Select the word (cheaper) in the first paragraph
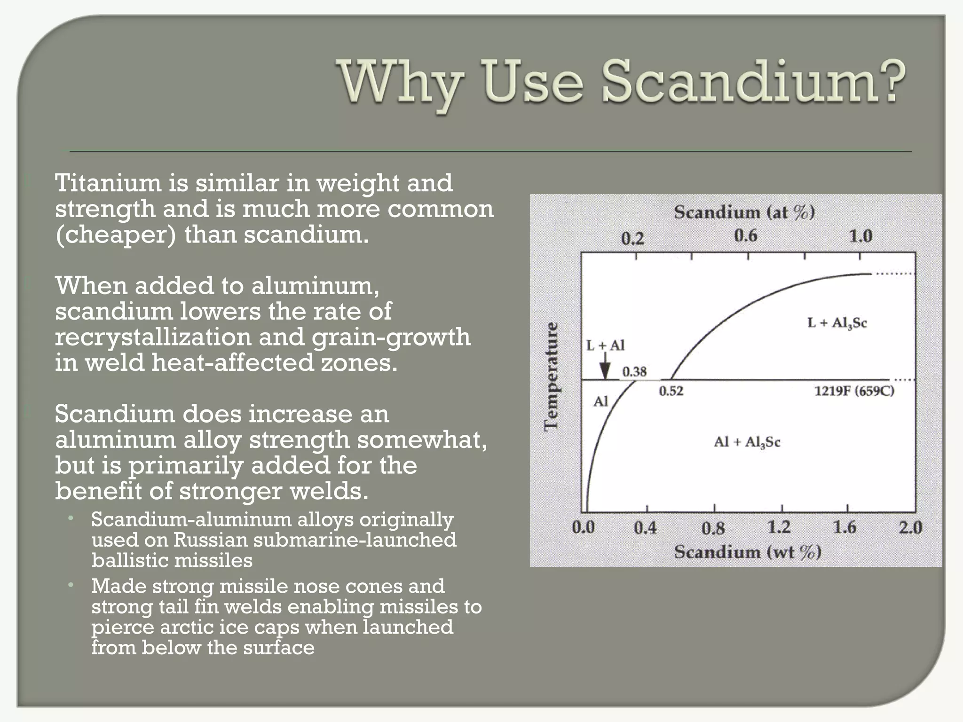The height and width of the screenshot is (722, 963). [x=116, y=235]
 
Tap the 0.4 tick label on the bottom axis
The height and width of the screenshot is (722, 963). [x=645, y=528]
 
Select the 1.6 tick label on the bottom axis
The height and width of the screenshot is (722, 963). [x=845, y=527]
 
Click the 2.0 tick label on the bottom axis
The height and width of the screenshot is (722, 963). [x=910, y=527]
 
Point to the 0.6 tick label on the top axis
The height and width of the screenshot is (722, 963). [x=746, y=235]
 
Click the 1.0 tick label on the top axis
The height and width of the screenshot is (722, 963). [x=860, y=236]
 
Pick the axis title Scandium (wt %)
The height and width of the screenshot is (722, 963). [x=748, y=552]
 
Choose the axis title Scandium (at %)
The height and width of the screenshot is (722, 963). [x=745, y=212]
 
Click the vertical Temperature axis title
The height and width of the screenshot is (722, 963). [x=551, y=377]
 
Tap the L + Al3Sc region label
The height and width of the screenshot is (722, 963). [x=837, y=323]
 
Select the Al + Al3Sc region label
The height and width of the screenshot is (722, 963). [x=747, y=442]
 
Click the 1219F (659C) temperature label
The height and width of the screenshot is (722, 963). [x=854, y=391]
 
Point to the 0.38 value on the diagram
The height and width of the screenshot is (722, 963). [x=634, y=372]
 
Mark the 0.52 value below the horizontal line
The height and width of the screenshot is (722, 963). [x=671, y=391]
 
